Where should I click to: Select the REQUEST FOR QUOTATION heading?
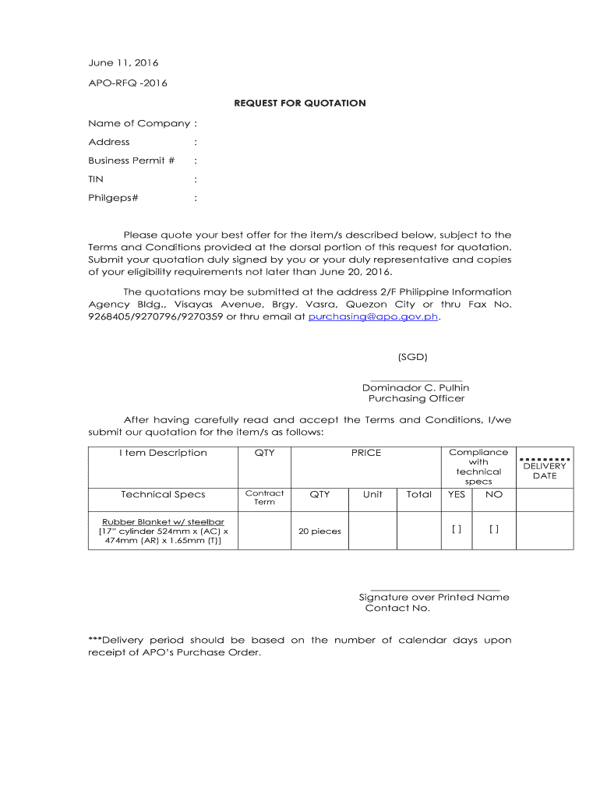tap(300, 103)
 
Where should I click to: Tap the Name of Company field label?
tap(139, 123)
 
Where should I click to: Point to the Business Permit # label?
tap(131, 161)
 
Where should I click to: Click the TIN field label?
tap(95, 179)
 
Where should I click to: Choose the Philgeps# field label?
tap(113, 198)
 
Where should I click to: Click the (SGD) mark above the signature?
tap(412, 357)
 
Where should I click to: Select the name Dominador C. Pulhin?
tap(415, 387)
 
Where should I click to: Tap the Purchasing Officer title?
tap(416, 398)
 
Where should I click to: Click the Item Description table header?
tap(163, 453)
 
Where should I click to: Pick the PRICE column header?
tap(365, 453)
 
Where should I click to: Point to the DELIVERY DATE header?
tap(545, 471)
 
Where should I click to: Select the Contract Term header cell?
tap(264, 497)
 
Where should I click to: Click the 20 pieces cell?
tap(320, 531)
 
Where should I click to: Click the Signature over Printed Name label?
tap(434, 597)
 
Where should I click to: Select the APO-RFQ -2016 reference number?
tap(127, 83)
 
